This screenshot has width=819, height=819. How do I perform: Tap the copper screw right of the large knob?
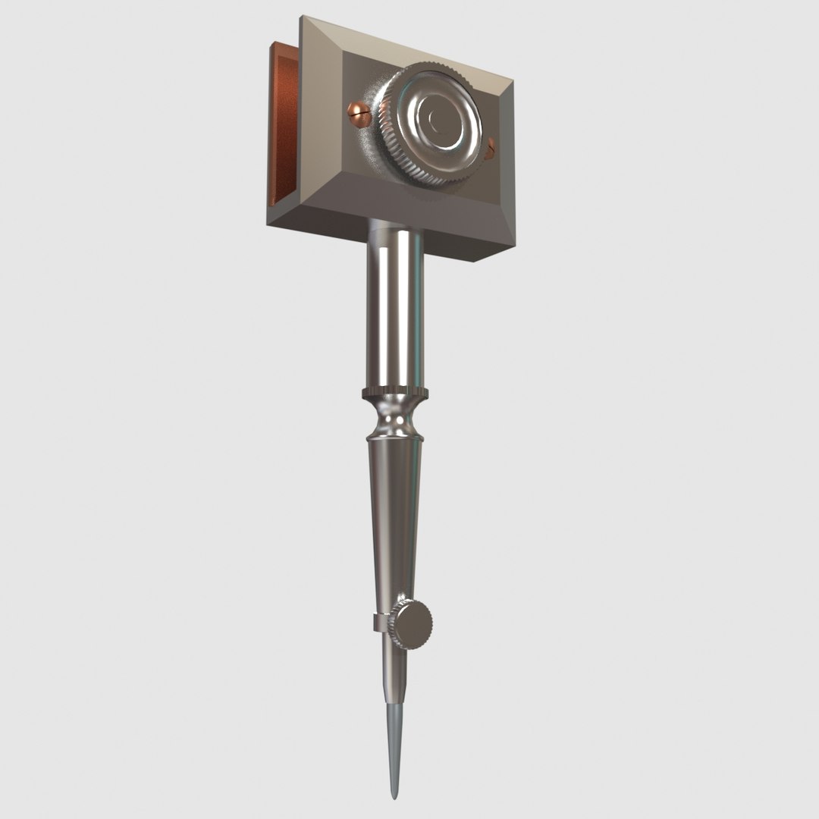[491, 147]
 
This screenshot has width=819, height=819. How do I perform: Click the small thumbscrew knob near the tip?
[414, 623]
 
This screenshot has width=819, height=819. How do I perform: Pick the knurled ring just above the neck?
[395, 393]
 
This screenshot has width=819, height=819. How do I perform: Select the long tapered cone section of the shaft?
[394, 516]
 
